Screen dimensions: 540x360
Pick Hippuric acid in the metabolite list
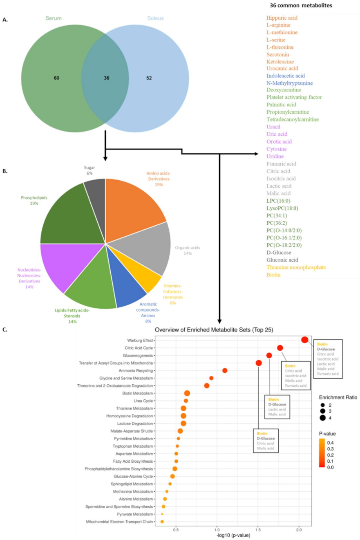click(282, 18)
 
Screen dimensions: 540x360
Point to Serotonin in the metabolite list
click(278, 54)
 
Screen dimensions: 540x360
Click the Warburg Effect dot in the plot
click(304, 340)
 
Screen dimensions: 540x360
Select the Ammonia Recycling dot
click(225, 370)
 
